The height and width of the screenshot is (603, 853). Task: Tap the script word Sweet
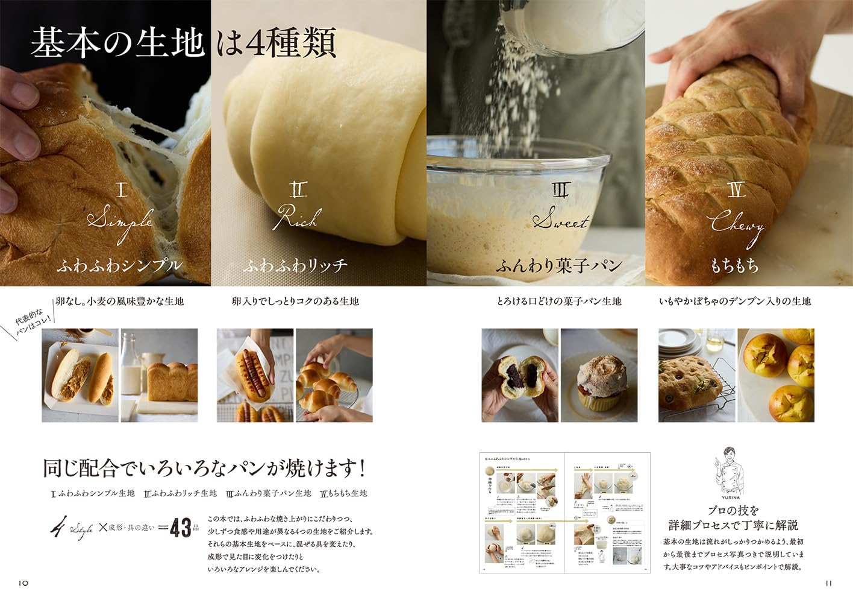560,221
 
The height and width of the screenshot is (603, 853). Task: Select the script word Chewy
736,225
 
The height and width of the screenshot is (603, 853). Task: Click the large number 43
180,528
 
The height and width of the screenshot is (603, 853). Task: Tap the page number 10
23,583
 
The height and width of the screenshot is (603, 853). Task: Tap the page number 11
828,583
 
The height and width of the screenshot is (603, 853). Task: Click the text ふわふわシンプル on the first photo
119,265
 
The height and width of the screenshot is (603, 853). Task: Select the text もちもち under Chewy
734,265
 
